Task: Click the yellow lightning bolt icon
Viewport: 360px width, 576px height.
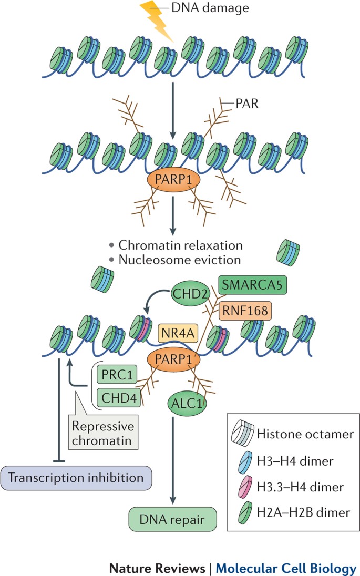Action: point(156,20)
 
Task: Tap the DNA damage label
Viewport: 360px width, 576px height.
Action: point(210,8)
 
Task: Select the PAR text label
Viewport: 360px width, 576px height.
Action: point(247,104)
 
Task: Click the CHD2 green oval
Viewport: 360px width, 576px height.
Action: point(190,293)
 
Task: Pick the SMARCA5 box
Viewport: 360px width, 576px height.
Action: point(252,285)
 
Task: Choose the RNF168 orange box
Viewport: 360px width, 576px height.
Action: point(245,311)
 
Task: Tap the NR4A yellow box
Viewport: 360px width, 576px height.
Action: point(178,333)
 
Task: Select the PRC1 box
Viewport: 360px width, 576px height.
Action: point(117,374)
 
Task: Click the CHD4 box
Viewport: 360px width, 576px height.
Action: point(119,397)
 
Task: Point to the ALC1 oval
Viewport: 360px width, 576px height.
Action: point(187,403)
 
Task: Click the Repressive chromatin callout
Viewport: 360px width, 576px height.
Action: point(103,432)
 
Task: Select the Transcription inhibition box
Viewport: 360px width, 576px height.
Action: point(76,478)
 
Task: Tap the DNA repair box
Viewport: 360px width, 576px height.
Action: point(172,519)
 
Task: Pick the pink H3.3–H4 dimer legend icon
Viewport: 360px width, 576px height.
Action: point(245,487)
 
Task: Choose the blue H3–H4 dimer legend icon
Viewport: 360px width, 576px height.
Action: point(245,462)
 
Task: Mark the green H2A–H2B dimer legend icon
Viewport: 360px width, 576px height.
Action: point(245,512)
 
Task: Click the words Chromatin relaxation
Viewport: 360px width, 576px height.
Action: point(180,245)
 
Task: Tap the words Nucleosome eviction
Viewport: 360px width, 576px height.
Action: point(179,260)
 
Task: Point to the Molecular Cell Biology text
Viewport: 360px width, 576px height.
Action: point(286,568)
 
